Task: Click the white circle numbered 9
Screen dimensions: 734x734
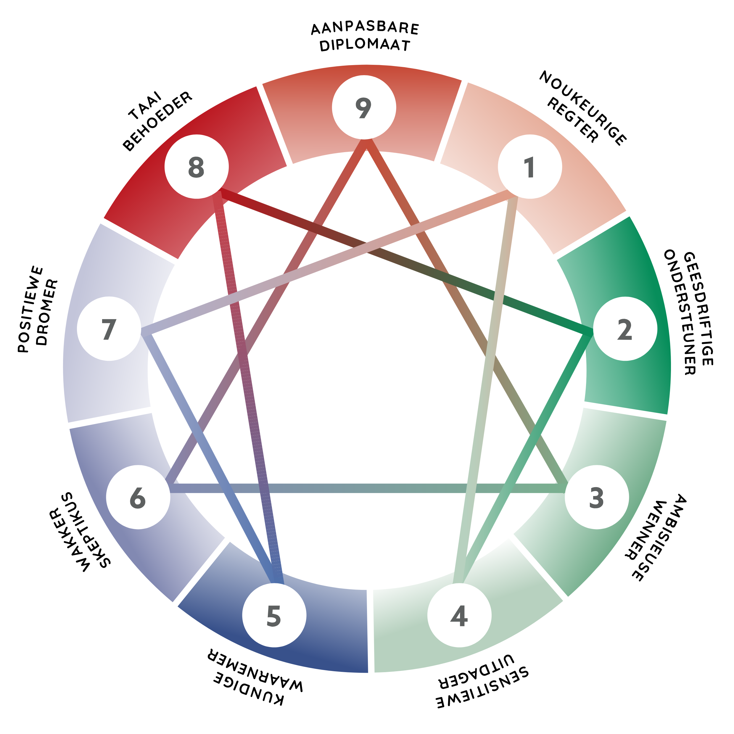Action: pos(364,107)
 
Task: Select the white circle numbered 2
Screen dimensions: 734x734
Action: pos(625,329)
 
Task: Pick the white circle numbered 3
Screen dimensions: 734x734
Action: pos(597,497)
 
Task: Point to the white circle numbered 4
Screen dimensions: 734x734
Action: pos(459,615)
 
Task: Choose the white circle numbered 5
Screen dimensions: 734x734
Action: pos(274,615)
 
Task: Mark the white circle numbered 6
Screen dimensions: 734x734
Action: pos(138,497)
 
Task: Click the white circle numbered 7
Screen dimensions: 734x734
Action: pos(109,329)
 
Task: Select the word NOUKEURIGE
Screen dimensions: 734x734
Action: pos(583,108)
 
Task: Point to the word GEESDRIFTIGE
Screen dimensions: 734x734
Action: pos(698,308)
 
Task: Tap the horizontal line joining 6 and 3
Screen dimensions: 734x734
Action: pos(367,488)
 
